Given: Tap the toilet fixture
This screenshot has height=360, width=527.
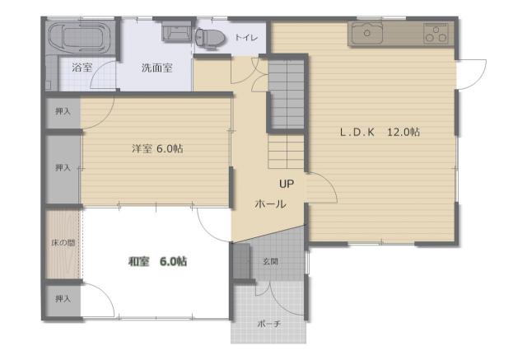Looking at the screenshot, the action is (209, 36).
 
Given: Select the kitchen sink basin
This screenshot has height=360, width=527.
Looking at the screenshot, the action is (367, 33).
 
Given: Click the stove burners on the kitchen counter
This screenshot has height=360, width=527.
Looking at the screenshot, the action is (436, 33).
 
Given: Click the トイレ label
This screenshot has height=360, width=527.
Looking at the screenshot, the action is (246, 37).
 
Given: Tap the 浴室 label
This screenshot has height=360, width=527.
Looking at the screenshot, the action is (82, 68).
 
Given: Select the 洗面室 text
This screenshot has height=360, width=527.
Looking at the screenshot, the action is (156, 68).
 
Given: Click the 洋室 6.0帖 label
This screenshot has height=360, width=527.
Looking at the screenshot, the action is (157, 148).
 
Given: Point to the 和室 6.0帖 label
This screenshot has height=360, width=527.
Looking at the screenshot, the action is (157, 261).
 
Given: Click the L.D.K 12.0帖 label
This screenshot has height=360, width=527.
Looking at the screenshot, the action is (380, 132).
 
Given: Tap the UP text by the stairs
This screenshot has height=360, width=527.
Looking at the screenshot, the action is (287, 184).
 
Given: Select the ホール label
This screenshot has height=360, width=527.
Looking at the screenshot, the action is (271, 203).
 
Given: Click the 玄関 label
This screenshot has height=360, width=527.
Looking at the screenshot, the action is (270, 261).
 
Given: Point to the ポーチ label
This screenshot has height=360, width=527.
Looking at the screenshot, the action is (268, 324).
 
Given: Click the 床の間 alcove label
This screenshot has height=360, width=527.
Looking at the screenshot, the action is (63, 242).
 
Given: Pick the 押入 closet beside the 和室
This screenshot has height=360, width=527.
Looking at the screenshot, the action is (63, 299).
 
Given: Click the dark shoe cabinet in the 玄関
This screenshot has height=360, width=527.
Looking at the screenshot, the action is (241, 261).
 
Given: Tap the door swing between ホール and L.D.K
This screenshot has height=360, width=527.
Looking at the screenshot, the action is (322, 187).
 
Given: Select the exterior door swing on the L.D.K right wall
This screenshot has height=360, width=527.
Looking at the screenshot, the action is (471, 74).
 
